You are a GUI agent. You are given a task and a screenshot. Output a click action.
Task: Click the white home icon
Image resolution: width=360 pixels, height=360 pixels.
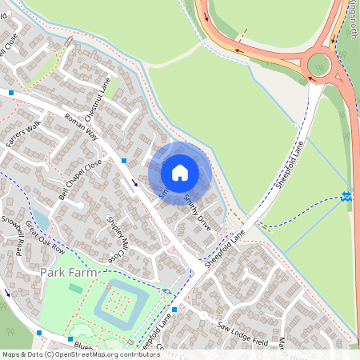pyautogui.click(x=180, y=172)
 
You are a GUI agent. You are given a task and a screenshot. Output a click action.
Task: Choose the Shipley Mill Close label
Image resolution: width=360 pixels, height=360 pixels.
pyautogui.click(x=114, y=242)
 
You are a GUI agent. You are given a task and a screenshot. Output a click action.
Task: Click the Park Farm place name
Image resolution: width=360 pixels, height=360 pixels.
pyautogui.click(x=69, y=274)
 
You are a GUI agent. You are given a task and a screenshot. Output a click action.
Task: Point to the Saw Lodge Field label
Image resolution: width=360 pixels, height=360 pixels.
pyautogui.click(x=242, y=334)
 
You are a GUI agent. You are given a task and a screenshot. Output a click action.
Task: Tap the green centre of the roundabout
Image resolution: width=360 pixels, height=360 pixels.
pyautogui.click(x=322, y=62)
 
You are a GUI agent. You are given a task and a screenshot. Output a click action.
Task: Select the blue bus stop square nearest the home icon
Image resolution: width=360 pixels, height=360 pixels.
pyautogui.click(x=124, y=161)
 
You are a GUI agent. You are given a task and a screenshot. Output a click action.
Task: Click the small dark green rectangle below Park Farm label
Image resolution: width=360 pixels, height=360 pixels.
pyautogui.click(x=75, y=288)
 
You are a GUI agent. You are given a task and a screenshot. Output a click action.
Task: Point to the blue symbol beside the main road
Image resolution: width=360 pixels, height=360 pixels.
pyautogui.click(x=346, y=195)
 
